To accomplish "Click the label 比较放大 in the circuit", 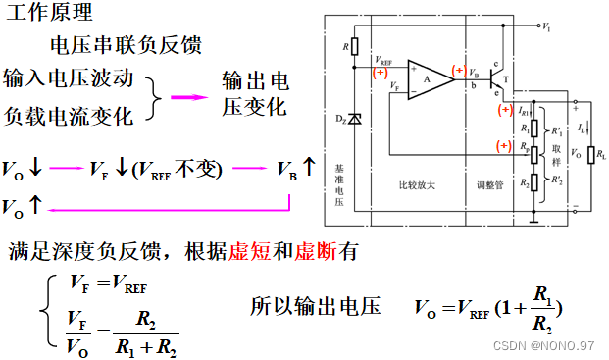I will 418,184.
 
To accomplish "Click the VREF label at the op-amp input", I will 384,61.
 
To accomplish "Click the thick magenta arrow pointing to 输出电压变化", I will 186,96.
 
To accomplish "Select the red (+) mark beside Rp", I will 504,147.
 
